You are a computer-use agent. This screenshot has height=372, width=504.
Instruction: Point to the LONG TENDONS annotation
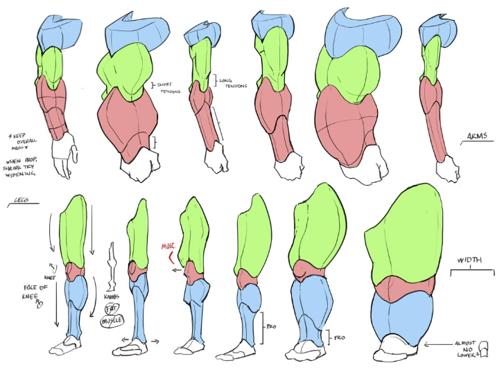229,83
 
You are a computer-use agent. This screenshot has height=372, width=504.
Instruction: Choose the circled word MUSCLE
111,321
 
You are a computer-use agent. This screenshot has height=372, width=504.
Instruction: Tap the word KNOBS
112,297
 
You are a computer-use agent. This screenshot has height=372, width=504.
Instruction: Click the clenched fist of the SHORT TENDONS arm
139,166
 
